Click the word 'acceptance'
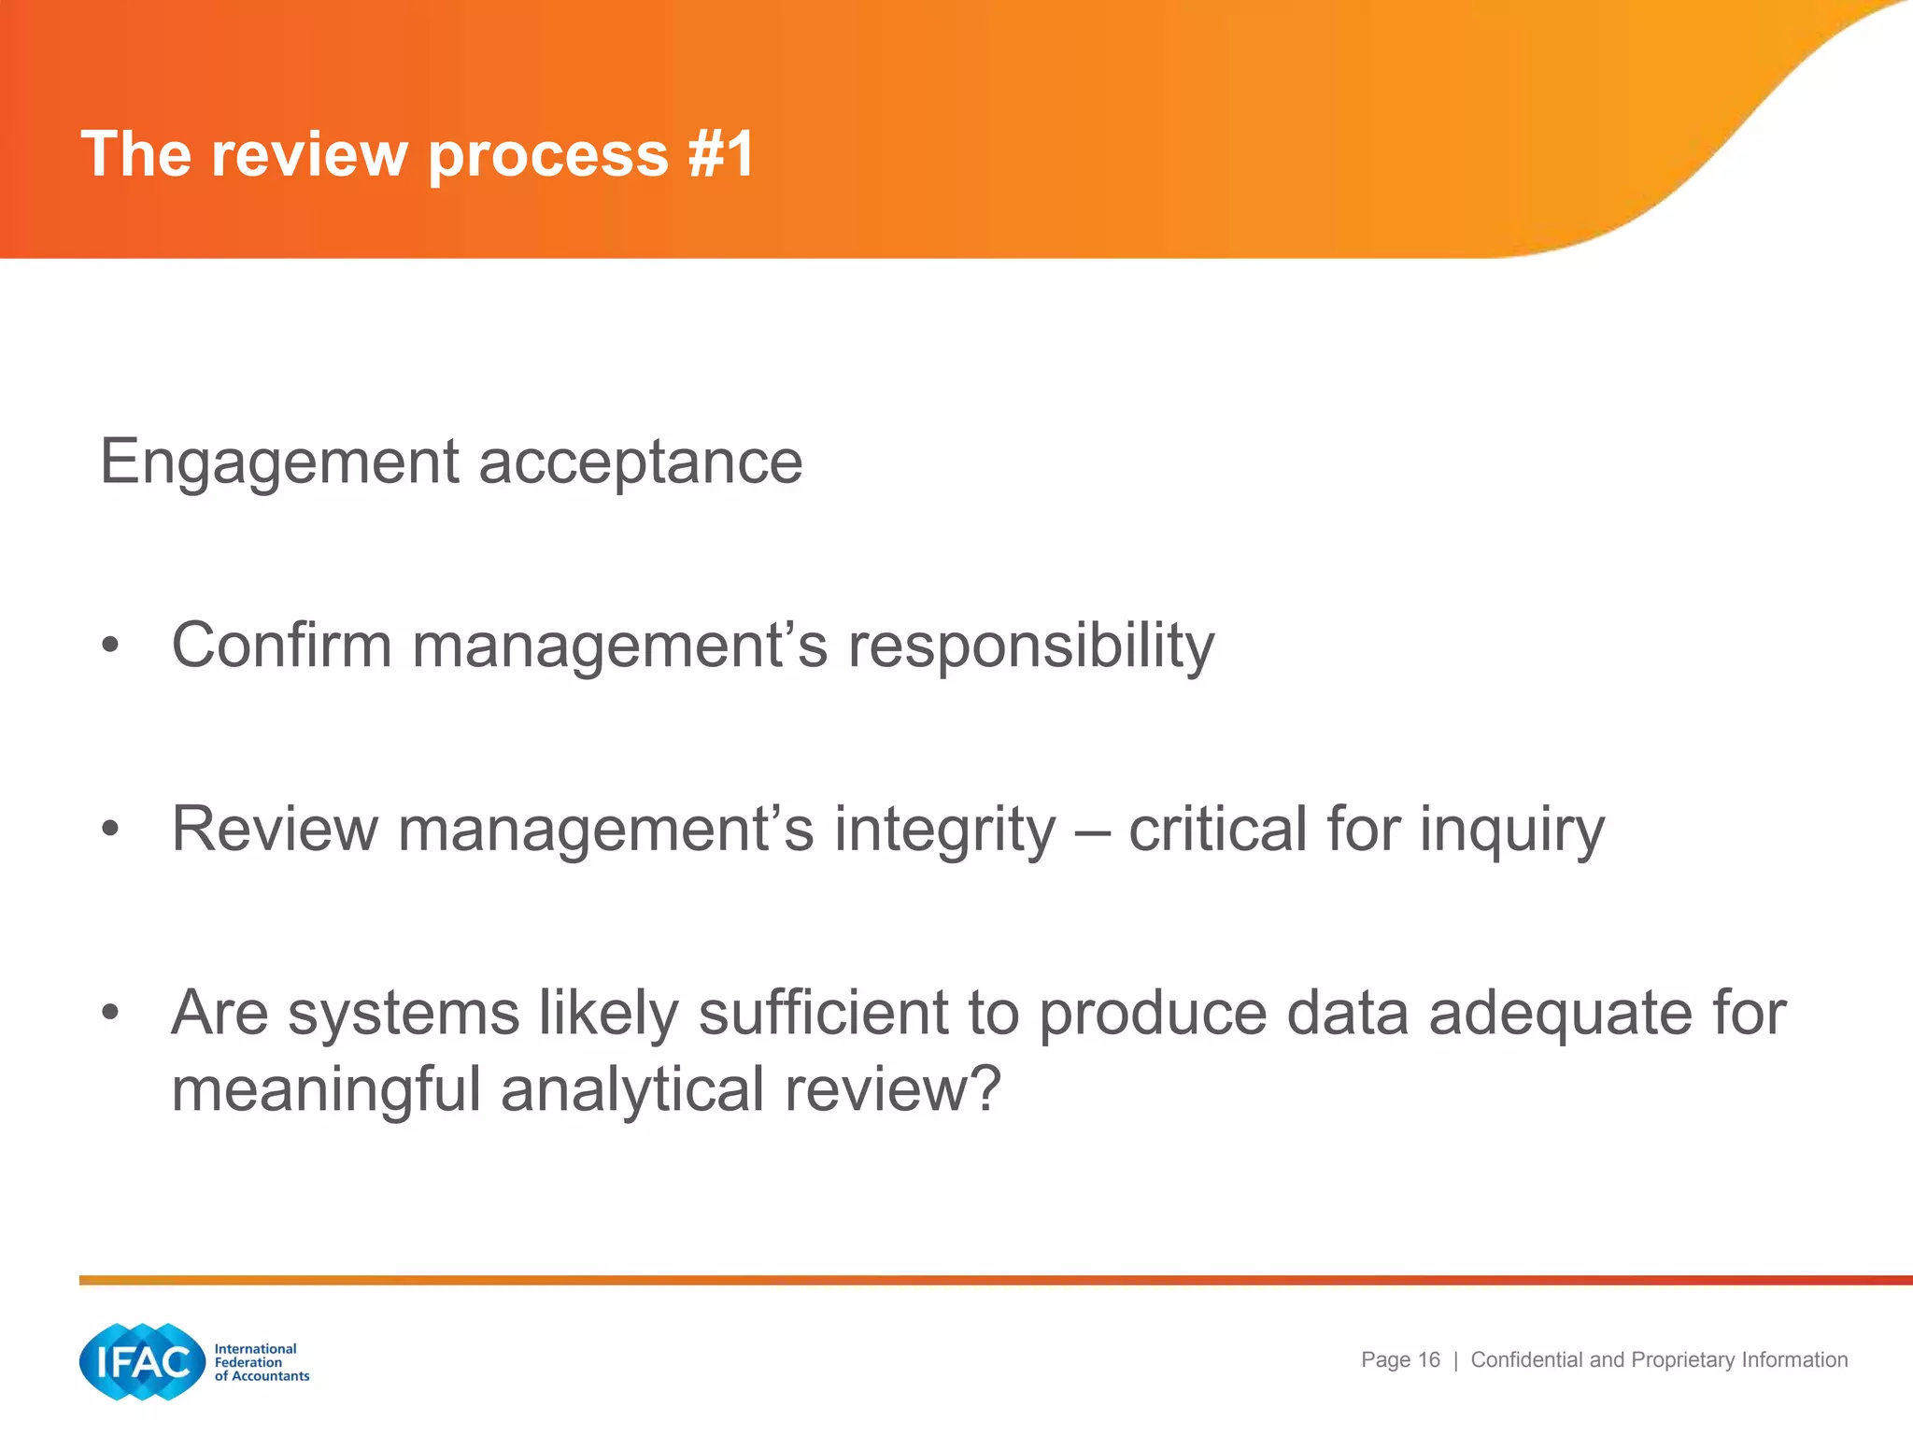pos(640,462)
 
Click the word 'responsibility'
pos(1030,646)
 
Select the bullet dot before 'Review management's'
pos(111,829)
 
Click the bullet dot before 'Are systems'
pos(111,1012)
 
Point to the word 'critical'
pos(1217,829)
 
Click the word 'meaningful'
pos(326,1090)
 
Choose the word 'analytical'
pos(632,1090)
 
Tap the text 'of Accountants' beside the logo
pos(262,1376)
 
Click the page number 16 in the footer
pos(1428,1360)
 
